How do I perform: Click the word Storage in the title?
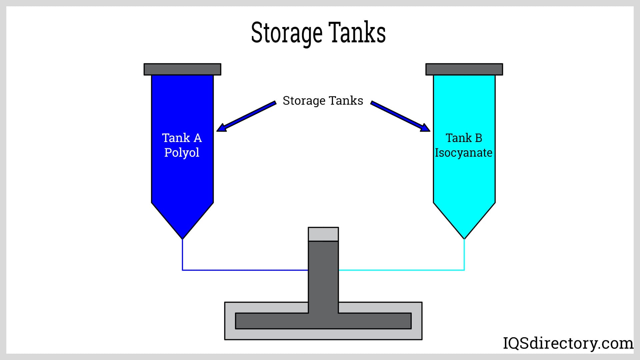click(286, 33)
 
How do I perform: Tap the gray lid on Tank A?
click(182, 69)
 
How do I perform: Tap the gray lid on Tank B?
click(464, 69)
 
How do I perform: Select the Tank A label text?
click(182, 138)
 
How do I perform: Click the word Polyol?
click(182, 152)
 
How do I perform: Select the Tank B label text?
click(464, 138)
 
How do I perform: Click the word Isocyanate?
click(463, 153)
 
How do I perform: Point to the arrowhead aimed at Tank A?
click(221, 128)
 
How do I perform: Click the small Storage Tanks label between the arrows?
click(323, 101)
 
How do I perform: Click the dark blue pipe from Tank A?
click(245, 270)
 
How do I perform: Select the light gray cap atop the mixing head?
click(323, 234)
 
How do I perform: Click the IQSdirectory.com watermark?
click(568, 343)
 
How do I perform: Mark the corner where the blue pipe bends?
click(182, 270)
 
